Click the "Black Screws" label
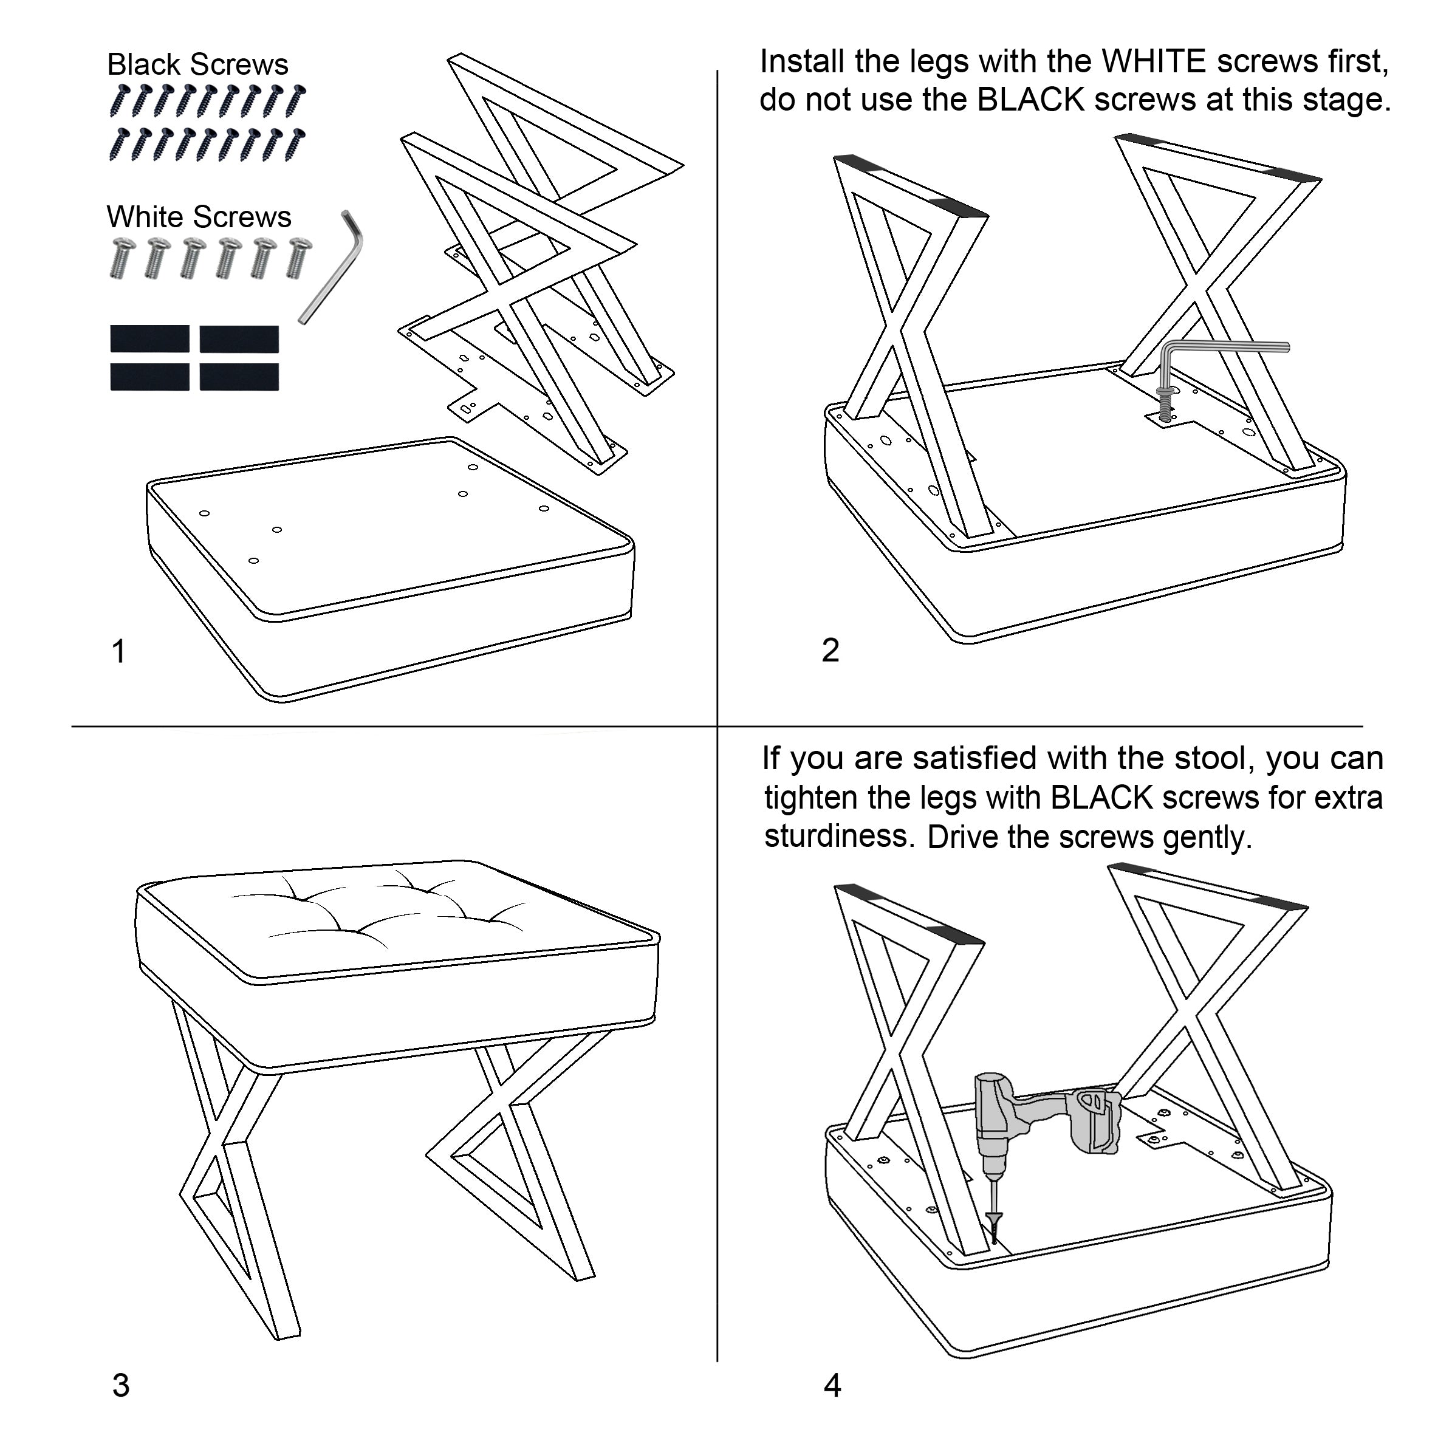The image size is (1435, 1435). (x=197, y=64)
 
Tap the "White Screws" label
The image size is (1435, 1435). (x=199, y=217)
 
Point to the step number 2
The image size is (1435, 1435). (x=831, y=650)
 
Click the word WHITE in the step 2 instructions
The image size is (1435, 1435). (x=1154, y=61)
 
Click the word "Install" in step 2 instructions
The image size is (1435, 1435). (x=802, y=61)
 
